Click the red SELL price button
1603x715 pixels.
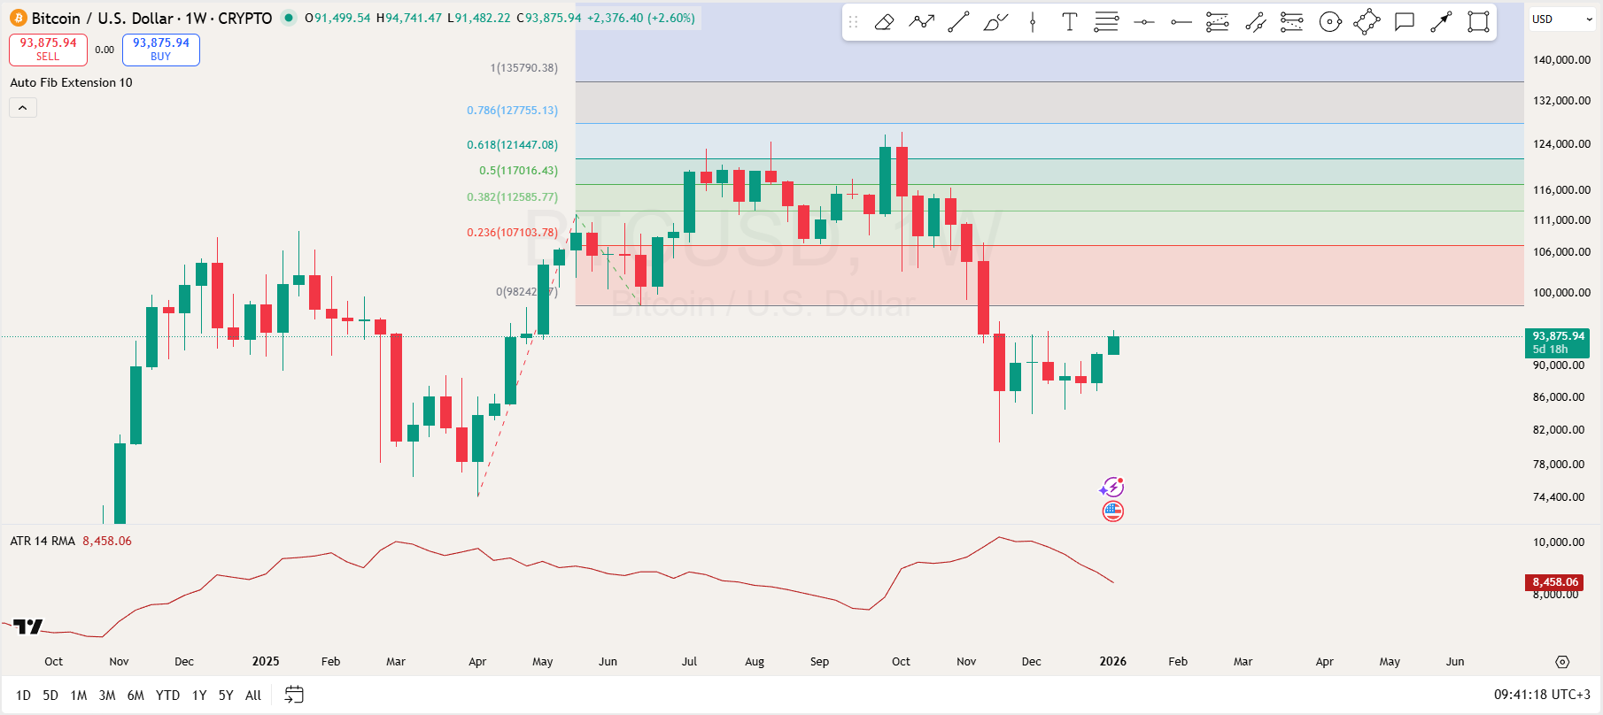click(x=48, y=50)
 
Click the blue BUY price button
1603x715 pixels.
click(x=160, y=50)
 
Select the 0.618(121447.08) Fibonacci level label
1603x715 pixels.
click(x=512, y=145)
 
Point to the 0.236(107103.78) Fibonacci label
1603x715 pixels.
click(x=512, y=233)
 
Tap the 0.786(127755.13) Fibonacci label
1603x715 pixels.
click(x=512, y=111)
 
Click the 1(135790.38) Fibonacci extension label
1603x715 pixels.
click(x=523, y=68)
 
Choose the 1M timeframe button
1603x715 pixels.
click(x=79, y=696)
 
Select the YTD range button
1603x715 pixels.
click(x=167, y=696)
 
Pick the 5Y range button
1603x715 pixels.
click(x=226, y=696)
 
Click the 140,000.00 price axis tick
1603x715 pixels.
click(x=1561, y=60)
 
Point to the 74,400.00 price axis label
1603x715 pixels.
click(x=1558, y=497)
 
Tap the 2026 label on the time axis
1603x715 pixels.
click(x=1112, y=662)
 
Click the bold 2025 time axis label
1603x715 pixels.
click(x=266, y=662)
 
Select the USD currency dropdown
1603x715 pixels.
click(x=1561, y=19)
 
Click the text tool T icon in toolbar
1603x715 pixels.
click(x=1069, y=23)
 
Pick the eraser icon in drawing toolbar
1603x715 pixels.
click(x=884, y=23)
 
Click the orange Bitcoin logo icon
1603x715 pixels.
click(x=19, y=19)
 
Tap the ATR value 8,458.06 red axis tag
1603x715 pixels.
click(x=1555, y=582)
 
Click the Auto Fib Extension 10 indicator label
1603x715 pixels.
click(x=71, y=83)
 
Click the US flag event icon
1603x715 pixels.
click(x=1112, y=511)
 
